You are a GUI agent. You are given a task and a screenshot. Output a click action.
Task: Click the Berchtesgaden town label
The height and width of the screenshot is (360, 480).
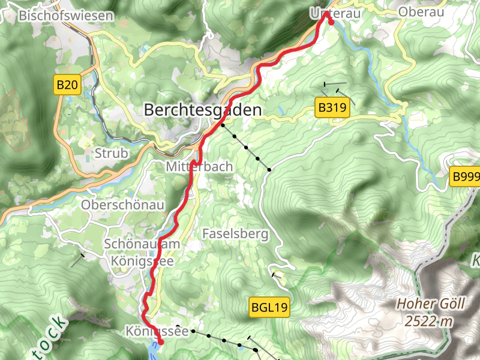(203, 110)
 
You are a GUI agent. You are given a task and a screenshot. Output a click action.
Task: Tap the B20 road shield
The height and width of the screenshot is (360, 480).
(67, 85)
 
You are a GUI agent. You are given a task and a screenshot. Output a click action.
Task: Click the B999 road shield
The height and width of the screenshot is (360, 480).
(466, 176)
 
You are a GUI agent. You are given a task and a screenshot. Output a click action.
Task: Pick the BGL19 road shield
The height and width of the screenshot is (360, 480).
(269, 308)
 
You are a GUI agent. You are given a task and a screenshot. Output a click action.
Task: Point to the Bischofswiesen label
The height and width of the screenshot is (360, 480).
(66, 16)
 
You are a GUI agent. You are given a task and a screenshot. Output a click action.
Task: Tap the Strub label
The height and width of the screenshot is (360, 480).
(111, 154)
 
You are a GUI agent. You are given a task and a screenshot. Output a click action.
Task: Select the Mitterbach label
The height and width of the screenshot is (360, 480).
(199, 167)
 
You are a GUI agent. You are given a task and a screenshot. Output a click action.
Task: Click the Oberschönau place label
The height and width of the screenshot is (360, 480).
(122, 205)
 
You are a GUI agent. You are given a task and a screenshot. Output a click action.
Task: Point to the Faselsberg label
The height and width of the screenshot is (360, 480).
(235, 234)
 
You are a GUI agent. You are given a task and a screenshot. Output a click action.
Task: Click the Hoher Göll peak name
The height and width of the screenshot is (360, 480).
(430, 304)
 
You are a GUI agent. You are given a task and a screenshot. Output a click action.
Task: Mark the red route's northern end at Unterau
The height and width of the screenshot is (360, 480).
(330, 22)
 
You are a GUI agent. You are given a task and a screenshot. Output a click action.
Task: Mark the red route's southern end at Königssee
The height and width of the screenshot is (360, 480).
(160, 343)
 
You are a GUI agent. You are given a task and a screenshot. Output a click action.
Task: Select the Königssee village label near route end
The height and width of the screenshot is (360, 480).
(157, 331)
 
